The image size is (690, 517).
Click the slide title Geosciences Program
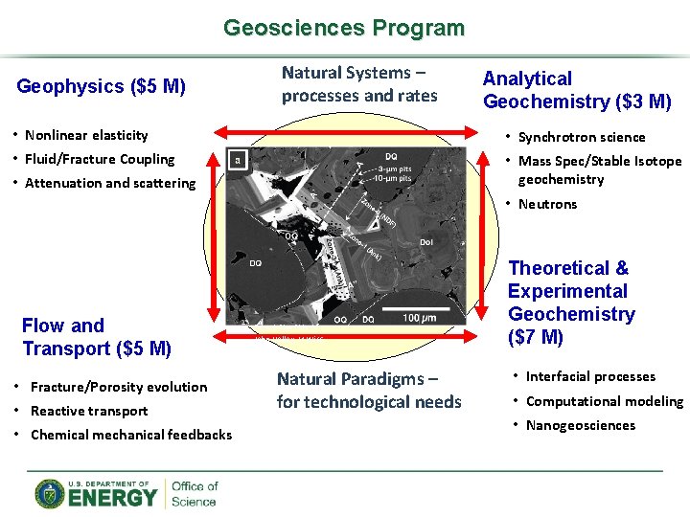point(343,28)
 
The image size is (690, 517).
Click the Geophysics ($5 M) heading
point(102,87)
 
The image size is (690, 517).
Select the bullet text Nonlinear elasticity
point(86,135)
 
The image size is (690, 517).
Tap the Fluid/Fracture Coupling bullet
point(100,159)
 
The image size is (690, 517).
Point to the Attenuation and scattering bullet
point(109,183)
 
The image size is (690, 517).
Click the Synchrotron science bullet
point(582,137)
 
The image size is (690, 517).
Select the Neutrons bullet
point(547,204)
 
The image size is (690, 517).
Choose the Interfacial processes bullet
point(590,376)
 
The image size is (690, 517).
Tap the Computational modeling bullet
point(604,401)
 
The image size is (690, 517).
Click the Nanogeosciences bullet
point(580,425)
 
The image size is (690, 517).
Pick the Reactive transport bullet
point(89,411)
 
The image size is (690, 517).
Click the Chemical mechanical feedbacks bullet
point(131,435)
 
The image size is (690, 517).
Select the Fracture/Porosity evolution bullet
point(119,387)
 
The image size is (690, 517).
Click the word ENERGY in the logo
point(112,498)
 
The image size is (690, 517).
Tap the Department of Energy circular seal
point(50,494)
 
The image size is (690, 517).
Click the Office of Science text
point(195,494)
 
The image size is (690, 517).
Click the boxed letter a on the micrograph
point(238,160)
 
